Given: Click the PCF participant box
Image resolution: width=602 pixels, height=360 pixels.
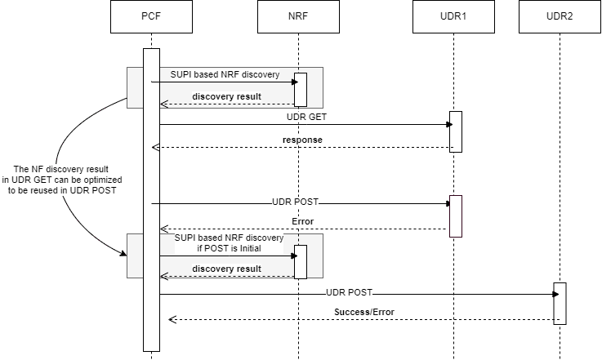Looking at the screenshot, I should pos(151,17).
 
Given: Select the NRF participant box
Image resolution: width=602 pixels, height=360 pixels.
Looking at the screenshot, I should pos(299,17).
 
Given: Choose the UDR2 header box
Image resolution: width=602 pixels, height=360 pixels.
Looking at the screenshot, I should pos(560,17).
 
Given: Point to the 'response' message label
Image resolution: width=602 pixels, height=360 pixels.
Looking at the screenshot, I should pos(302,140).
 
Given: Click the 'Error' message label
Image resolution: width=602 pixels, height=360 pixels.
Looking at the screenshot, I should pos(303,221).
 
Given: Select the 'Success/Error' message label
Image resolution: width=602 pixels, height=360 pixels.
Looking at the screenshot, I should pos(363,312).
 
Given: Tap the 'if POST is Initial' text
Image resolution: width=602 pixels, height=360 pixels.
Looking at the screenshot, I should pos(229,247).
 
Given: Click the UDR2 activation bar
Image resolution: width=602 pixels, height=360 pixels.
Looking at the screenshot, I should pos(560,304).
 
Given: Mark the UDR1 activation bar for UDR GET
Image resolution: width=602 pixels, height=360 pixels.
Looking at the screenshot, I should pos(456,131).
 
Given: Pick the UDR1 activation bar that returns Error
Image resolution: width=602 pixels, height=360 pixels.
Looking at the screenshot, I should pos(456,216).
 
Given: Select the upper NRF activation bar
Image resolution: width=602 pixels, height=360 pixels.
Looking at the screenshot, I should pos(300,90).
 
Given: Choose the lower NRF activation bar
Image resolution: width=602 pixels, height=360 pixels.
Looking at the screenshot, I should pos(300,261).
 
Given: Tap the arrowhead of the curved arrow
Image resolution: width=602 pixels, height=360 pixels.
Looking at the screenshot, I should pos(124,254).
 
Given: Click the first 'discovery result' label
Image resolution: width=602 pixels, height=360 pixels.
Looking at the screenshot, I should pos(226,97).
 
